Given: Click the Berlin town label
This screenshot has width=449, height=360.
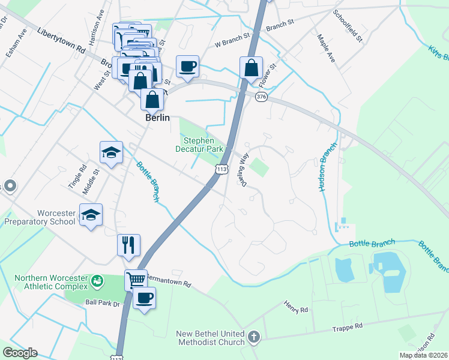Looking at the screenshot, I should tap(157, 118).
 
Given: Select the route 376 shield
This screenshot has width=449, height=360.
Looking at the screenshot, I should tap(261, 97).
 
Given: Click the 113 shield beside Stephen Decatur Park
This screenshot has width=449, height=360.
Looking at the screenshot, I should tap(221, 170).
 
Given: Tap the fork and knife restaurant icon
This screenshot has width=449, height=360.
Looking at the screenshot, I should tap(129, 245).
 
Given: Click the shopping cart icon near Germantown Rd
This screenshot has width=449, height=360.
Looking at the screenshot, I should tap(136, 280).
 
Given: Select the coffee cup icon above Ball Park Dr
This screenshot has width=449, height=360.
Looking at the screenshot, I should tap(144, 298).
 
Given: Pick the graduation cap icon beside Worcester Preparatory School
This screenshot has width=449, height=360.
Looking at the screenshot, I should tap(91, 215).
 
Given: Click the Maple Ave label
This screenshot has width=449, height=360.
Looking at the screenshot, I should tap(326, 48).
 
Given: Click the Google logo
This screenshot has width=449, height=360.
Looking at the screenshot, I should tap(20, 353).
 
